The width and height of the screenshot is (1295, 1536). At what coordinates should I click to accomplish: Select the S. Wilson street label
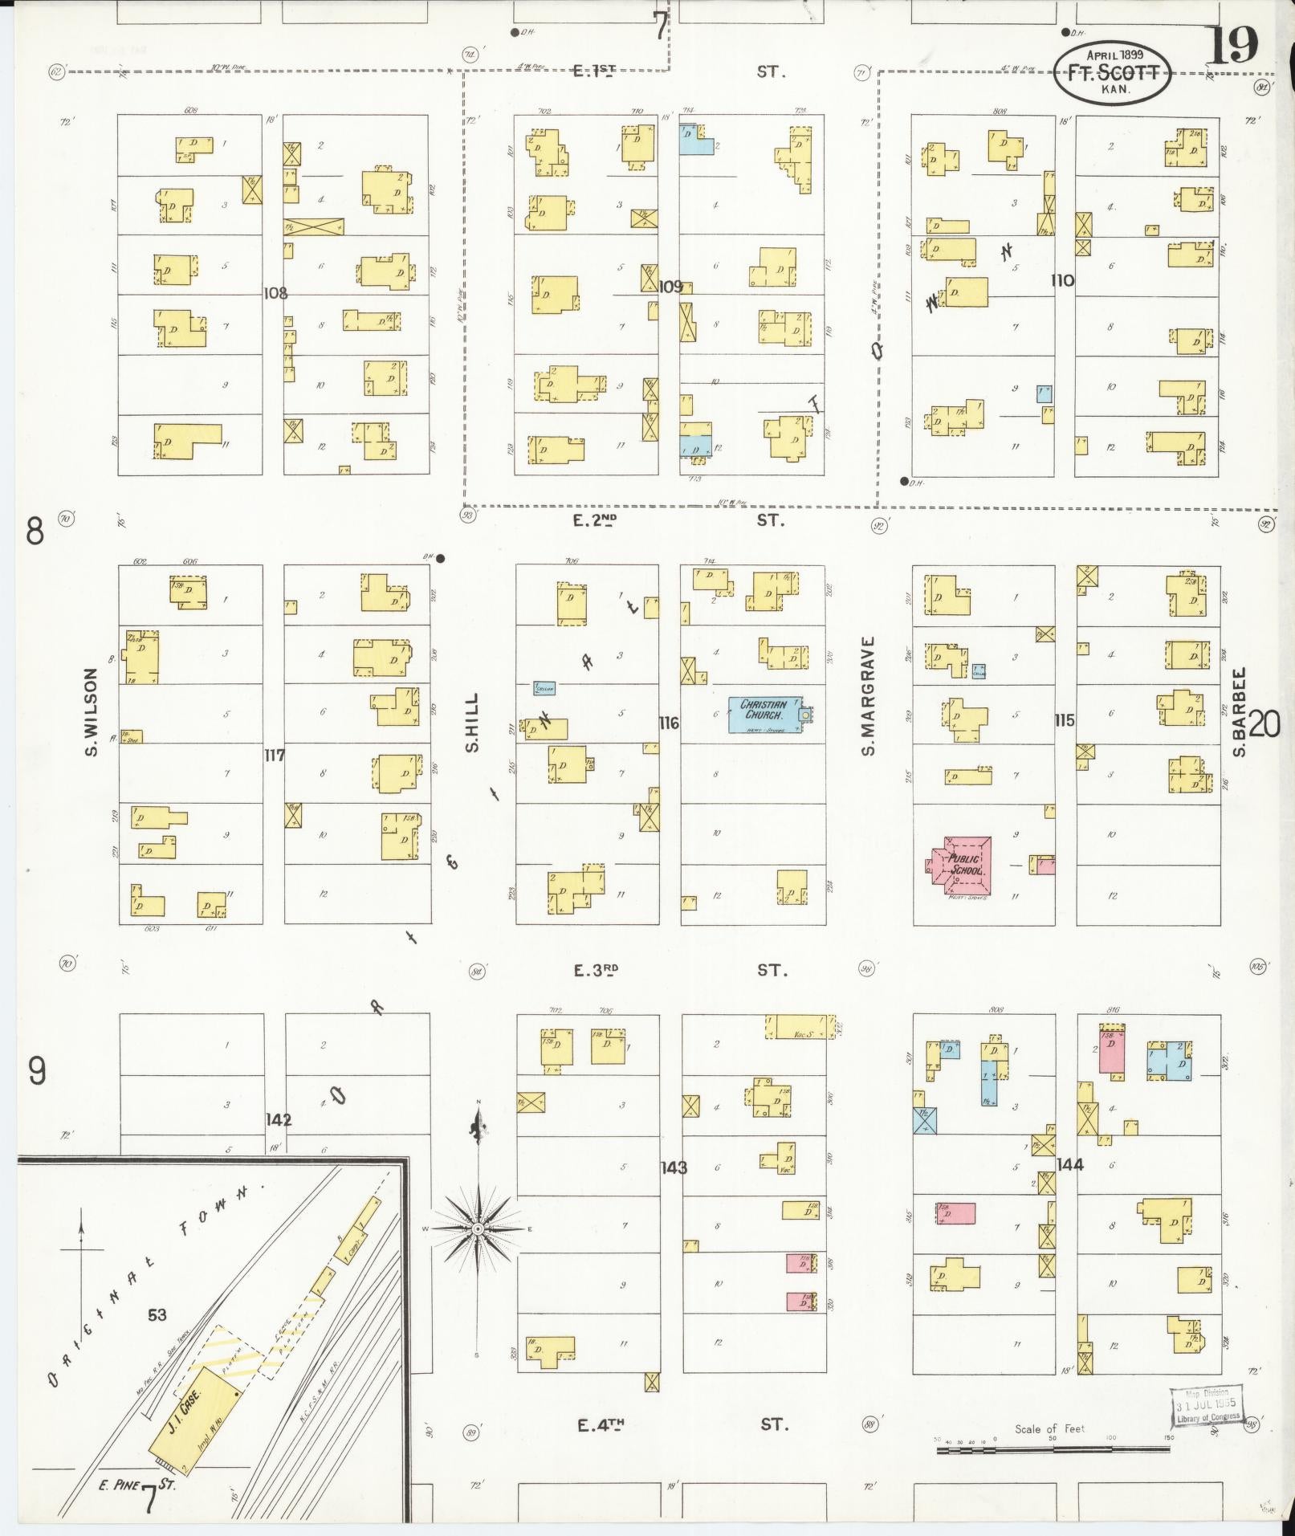point(90,712)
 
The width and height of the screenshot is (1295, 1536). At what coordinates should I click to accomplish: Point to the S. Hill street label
point(472,722)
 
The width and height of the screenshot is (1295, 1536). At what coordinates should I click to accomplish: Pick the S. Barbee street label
point(1239,712)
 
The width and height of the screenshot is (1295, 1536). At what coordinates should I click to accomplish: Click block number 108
point(275,293)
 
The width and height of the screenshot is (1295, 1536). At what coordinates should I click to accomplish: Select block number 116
point(668,723)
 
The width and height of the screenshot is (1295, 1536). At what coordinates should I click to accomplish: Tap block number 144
point(1070,1164)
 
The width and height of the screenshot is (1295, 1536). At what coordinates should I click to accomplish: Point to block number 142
point(279,1119)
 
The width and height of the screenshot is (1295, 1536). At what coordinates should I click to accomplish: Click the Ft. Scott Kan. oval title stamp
point(1113,72)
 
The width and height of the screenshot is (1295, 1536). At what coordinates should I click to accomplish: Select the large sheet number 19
point(1233,47)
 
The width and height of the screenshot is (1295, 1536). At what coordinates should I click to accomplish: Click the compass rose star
point(478,1229)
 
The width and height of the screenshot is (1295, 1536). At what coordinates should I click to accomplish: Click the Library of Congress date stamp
point(1206,1408)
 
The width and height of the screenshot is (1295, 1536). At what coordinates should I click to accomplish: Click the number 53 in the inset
point(157,1314)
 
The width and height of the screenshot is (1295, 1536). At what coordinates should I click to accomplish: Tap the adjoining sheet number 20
point(1264,725)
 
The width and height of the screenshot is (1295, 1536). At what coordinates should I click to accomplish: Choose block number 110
point(1062,280)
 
